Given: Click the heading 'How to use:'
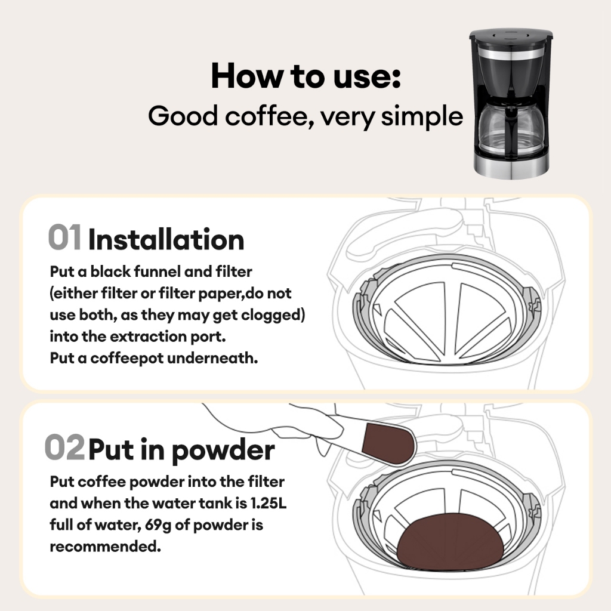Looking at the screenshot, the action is tap(306, 76).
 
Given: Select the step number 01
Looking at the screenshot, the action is tap(64, 237).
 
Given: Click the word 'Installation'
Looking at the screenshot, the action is tap(166, 239).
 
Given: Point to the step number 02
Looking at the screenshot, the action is tap(64, 447).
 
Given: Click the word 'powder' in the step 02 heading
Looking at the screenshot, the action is tap(223, 450).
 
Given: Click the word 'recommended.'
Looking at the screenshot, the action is tap(105, 546).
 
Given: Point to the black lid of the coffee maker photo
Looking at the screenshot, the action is tap(511, 35).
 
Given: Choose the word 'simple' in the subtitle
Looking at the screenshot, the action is tap(422, 116).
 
